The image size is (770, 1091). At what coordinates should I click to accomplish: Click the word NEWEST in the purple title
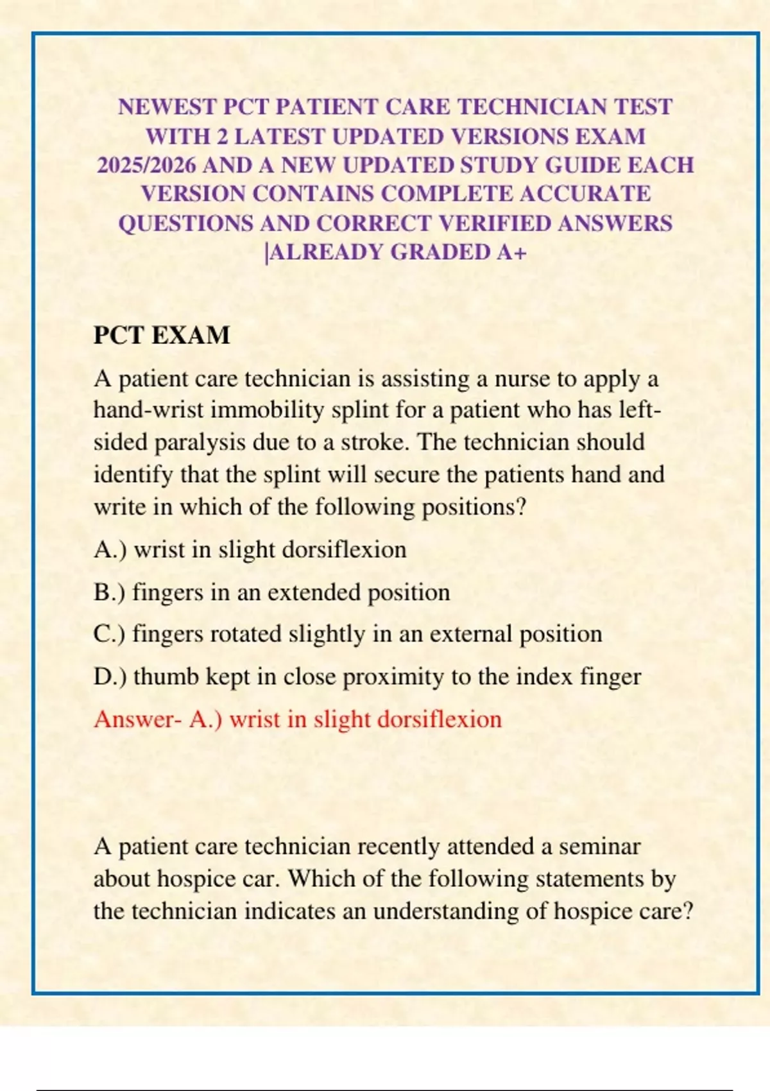point(168,107)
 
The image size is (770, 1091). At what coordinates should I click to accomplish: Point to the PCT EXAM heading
point(162,336)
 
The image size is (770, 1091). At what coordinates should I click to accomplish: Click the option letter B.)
point(109,592)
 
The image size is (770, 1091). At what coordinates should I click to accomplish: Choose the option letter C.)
point(109,634)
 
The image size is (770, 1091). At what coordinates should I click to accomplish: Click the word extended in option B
point(314,592)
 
